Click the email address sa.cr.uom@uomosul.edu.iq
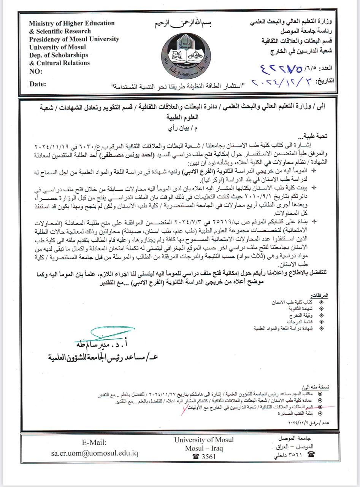tap(94, 454)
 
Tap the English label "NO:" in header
tap(36, 72)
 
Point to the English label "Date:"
tap(38, 84)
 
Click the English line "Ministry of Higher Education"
tap(72, 23)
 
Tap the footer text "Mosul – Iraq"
tap(204, 448)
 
